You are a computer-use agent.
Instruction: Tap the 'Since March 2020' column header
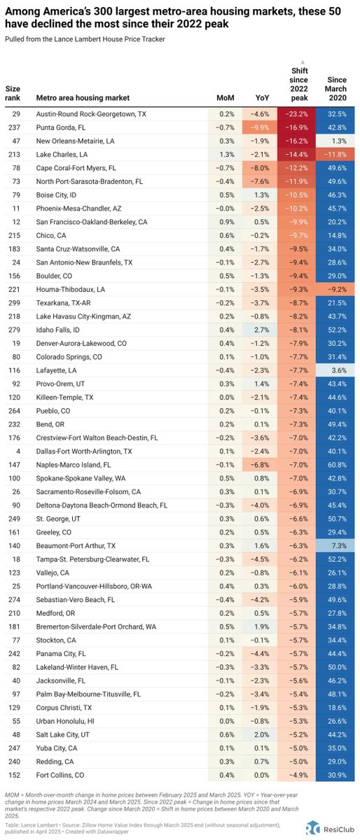pos(335,90)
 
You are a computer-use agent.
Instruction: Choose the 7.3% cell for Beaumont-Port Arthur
pos(335,545)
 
